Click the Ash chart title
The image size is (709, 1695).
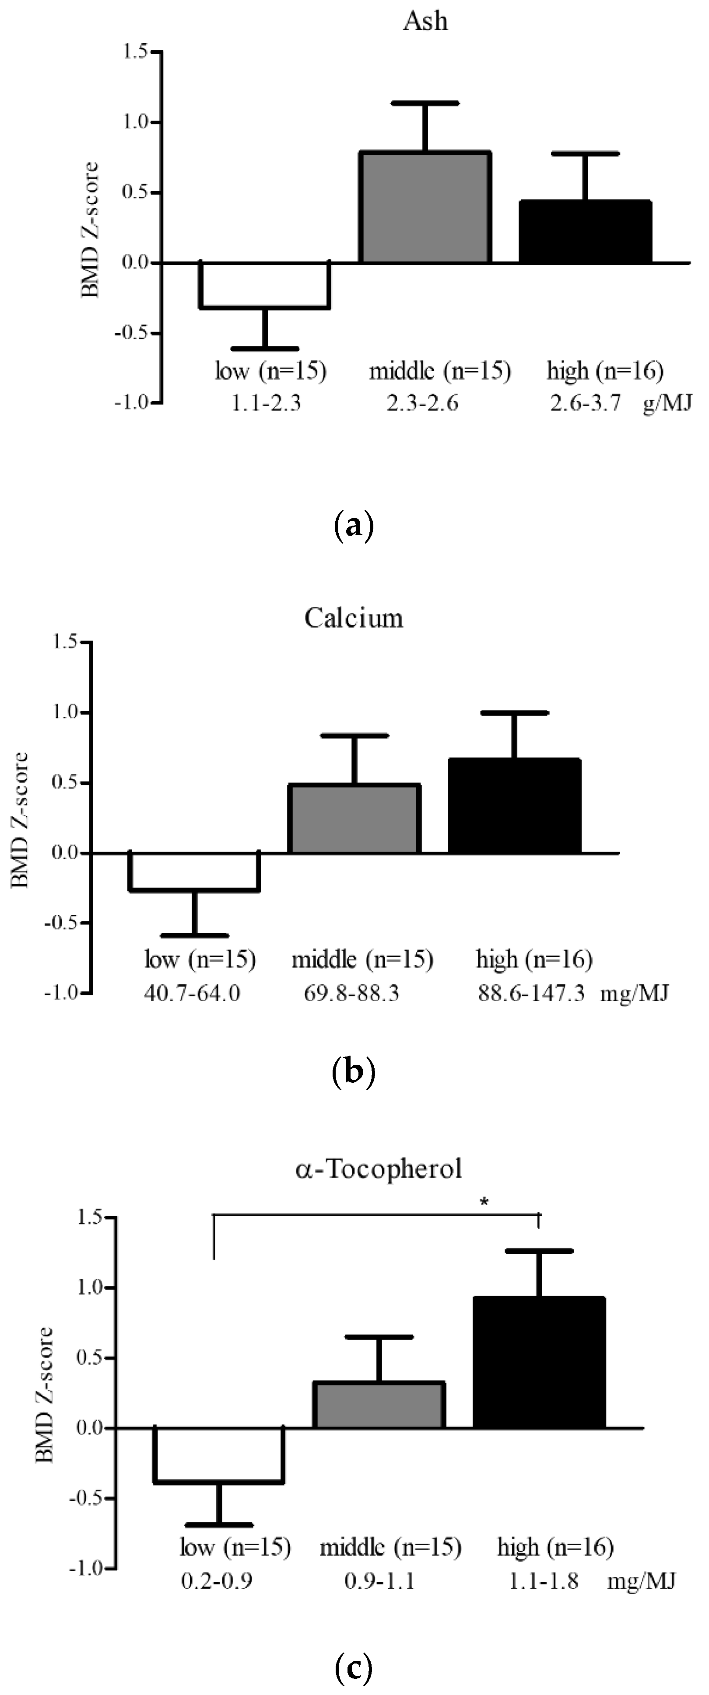pyautogui.click(x=425, y=22)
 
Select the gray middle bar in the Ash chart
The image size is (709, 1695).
pyautogui.click(x=425, y=207)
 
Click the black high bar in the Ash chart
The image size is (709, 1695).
pyautogui.click(x=585, y=232)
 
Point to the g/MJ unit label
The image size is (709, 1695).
pyautogui.click(x=667, y=402)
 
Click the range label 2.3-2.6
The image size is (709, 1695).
pyautogui.click(x=422, y=402)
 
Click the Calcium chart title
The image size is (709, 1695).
pyautogui.click(x=354, y=618)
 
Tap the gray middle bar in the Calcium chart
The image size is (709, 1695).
pyautogui.click(x=354, y=819)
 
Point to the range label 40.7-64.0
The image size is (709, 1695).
pyautogui.click(x=192, y=992)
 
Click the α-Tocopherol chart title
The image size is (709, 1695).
pyautogui.click(x=379, y=1168)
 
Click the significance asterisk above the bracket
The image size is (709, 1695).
pyautogui.click(x=484, y=1202)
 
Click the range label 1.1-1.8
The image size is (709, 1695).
pyautogui.click(x=543, y=1580)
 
